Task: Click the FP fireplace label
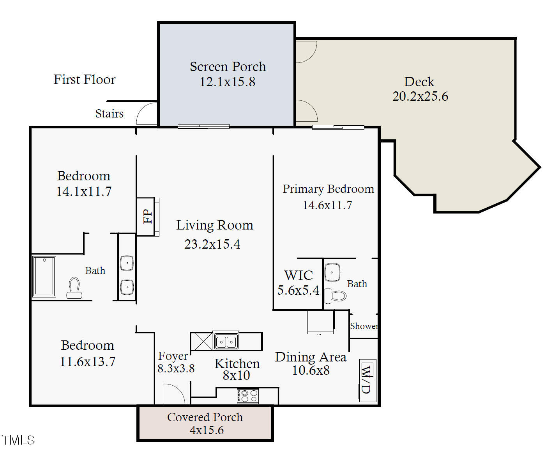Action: coord(148,216)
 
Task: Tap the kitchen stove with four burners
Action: coord(247,396)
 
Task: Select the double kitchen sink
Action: coord(225,341)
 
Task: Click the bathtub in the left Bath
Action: coord(44,276)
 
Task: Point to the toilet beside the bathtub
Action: coord(74,288)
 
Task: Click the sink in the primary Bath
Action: coord(332,272)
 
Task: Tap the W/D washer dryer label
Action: coord(366,379)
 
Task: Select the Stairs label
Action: coord(110,114)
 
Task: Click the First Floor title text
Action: coord(85,79)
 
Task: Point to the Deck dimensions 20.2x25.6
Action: coord(420,96)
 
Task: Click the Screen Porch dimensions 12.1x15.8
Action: coord(228,82)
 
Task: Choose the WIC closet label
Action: coord(299,275)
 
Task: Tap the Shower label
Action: coord(364,326)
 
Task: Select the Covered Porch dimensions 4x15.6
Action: coord(207,430)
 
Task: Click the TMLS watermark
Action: coord(18,440)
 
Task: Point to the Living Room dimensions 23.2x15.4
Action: coord(212,244)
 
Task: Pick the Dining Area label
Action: coord(311,357)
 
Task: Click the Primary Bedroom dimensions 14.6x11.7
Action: coord(327,205)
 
